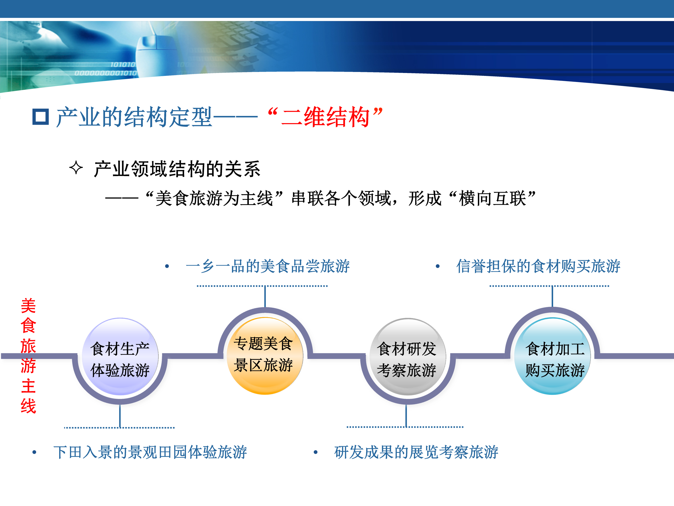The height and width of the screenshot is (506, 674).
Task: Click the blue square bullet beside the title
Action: click(x=41, y=117)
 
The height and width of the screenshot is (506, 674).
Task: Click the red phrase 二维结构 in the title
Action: click(x=325, y=117)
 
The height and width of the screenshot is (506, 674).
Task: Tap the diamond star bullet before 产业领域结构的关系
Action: click(x=76, y=168)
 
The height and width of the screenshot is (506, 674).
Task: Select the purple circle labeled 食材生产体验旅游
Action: click(x=120, y=357)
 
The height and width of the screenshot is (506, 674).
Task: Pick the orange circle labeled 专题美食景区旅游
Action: click(x=265, y=356)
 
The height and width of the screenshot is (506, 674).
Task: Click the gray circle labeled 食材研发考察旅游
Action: click(x=408, y=357)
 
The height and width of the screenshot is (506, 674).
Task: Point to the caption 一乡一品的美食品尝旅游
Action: click(x=267, y=266)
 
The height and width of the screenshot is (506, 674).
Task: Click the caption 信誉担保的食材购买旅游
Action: click(x=538, y=266)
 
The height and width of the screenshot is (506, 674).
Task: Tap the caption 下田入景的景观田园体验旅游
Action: click(x=150, y=452)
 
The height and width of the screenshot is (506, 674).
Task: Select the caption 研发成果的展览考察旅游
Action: click(x=416, y=452)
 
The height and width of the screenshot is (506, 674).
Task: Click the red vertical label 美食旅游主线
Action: click(x=28, y=356)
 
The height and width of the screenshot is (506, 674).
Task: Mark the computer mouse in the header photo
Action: click(x=156, y=55)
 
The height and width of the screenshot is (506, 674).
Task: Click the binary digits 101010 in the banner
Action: click(x=122, y=64)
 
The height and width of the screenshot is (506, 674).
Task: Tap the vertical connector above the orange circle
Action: click(x=265, y=297)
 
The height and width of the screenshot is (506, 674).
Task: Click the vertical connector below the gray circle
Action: click(x=406, y=415)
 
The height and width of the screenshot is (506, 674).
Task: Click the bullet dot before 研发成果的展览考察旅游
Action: click(x=316, y=452)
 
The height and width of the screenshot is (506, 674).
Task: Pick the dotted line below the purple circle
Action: click(x=120, y=428)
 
